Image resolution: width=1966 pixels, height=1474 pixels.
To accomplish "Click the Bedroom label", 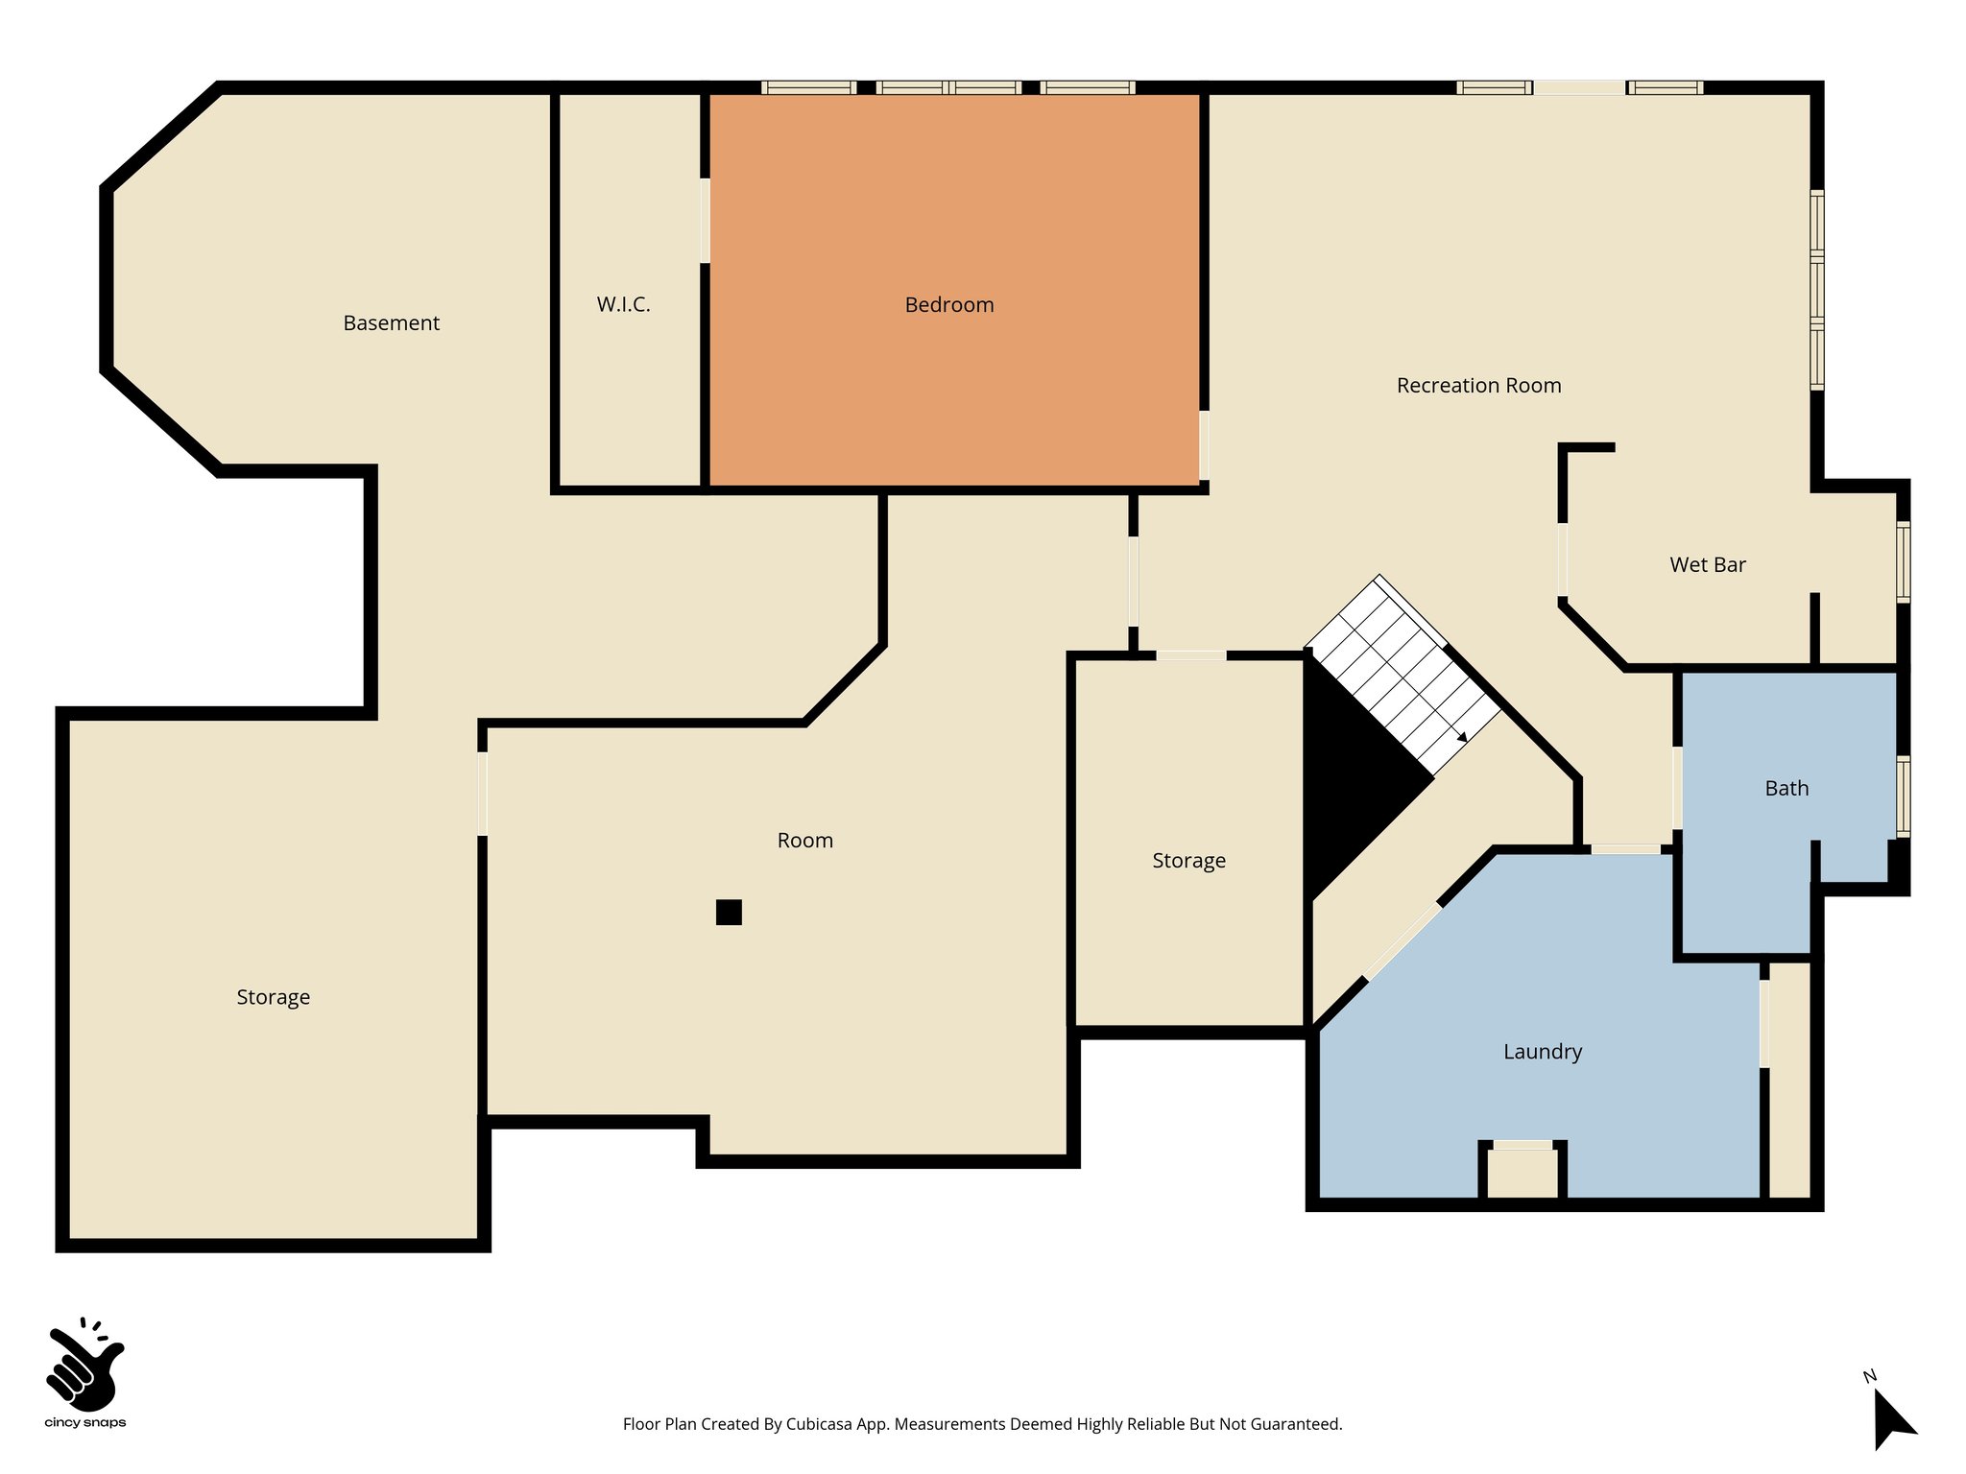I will pos(948,305).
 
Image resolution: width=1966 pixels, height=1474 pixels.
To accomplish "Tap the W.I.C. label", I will pos(623,305).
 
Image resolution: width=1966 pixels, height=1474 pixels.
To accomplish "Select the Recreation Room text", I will pos(1478,386).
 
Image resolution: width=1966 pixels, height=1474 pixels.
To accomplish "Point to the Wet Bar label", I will pos(1707,565).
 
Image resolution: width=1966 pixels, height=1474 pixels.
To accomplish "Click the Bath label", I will pos(1786,789).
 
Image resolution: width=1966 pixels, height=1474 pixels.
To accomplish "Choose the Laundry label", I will pos(1542,1052).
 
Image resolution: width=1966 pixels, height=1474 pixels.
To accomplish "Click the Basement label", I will pos(391,323).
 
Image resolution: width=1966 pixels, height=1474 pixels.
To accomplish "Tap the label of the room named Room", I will pos(804,841).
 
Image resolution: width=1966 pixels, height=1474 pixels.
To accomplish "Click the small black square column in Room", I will pos(729,912).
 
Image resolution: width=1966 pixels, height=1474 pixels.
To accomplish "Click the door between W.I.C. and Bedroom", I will pos(705,221).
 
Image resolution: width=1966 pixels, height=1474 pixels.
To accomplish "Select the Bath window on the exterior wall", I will pos(1903,796).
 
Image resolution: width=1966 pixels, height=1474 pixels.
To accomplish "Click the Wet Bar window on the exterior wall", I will pos(1903,561).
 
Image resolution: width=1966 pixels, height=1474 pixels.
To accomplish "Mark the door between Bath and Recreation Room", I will pos(1677,787).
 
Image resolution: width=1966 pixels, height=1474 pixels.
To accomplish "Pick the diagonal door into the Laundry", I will pos(1403,941).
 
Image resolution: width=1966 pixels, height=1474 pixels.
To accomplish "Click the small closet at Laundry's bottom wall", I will pos(1522,1173).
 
